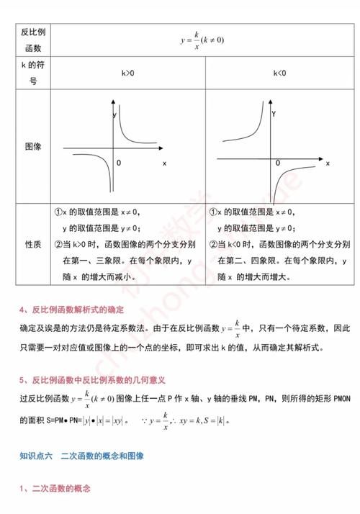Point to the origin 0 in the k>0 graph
pyautogui.click(x=119, y=164)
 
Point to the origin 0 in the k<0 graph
pyautogui.click(x=278, y=163)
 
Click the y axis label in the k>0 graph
pyautogui.click(x=114, y=115)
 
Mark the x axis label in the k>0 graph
pyautogui.click(x=164, y=164)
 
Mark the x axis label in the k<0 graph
pyautogui.click(x=328, y=164)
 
